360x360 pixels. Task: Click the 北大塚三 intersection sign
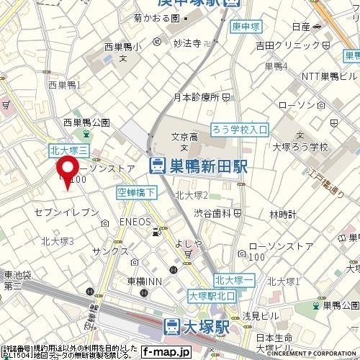point(69,150)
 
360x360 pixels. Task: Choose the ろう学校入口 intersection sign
point(240,130)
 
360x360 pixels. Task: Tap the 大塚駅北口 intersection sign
point(215,296)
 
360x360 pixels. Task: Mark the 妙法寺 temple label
point(186,42)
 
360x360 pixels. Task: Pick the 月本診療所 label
point(196,96)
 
